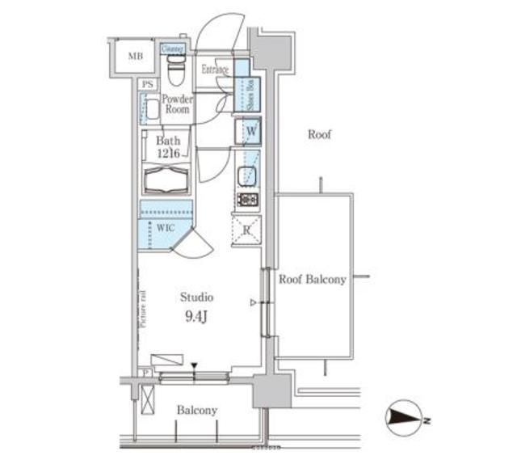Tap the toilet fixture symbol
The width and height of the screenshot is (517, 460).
point(175,71)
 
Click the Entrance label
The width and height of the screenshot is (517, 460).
point(215,70)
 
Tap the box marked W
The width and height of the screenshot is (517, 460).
point(250,130)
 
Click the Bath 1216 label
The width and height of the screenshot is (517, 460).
point(168,146)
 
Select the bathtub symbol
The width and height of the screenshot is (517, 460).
point(166,179)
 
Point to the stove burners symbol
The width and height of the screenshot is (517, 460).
point(246,198)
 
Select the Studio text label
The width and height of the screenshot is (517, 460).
point(196,298)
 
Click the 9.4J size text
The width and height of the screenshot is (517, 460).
point(196,316)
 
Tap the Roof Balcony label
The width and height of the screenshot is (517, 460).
point(313,280)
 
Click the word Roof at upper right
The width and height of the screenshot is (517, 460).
point(319,135)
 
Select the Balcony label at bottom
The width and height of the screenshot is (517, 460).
point(197,411)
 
